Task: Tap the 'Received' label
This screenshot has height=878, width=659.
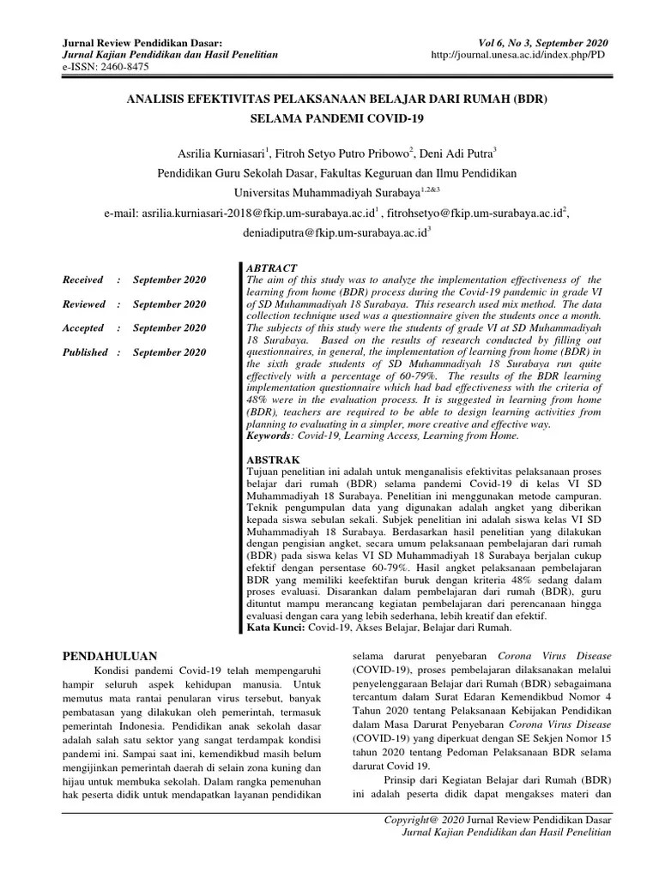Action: click(83, 280)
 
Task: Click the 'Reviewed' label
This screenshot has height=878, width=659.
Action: click(84, 304)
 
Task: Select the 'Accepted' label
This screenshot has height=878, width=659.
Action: click(84, 328)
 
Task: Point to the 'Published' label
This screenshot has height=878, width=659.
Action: click(85, 352)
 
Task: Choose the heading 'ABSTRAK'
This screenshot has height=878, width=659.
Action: click(273, 460)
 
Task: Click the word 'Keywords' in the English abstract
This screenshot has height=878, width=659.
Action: click(269, 436)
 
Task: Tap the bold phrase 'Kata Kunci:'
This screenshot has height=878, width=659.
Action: click(275, 628)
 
